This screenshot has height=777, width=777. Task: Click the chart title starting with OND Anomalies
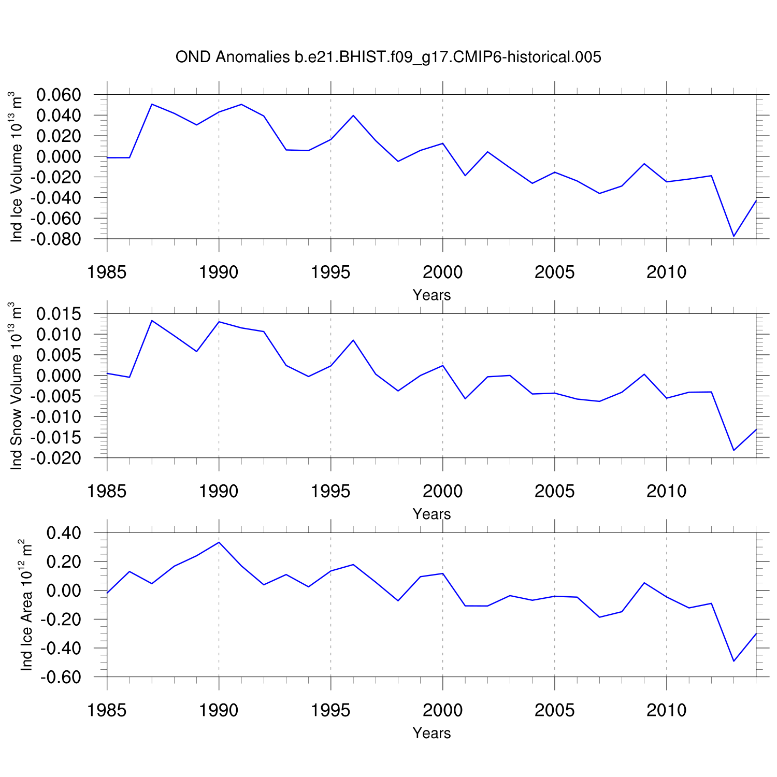tap(388, 57)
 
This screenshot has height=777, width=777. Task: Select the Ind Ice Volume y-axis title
tap(17, 167)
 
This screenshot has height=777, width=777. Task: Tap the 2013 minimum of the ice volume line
tap(733, 236)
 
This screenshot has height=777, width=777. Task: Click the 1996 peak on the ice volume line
tap(353, 116)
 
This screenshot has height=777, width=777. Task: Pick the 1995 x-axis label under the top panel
tap(330, 272)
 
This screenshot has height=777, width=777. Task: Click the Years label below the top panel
tap(431, 295)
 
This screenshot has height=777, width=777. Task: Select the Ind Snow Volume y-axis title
tap(17, 386)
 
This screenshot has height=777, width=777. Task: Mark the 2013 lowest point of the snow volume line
tap(733, 450)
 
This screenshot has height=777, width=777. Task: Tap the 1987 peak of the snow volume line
tap(152, 321)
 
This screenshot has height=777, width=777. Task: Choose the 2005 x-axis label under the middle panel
tap(554, 492)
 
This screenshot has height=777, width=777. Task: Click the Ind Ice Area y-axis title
tap(26, 605)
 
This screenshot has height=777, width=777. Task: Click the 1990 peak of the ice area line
tap(219, 542)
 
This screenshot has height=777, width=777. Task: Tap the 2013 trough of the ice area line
tap(733, 661)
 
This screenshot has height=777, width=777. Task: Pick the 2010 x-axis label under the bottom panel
tap(666, 711)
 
